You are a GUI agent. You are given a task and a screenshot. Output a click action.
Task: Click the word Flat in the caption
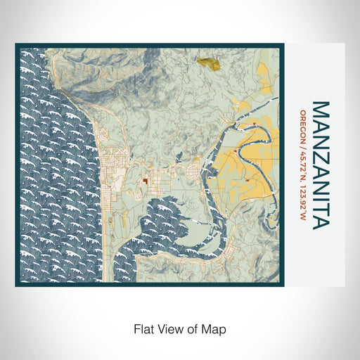click(143, 328)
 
